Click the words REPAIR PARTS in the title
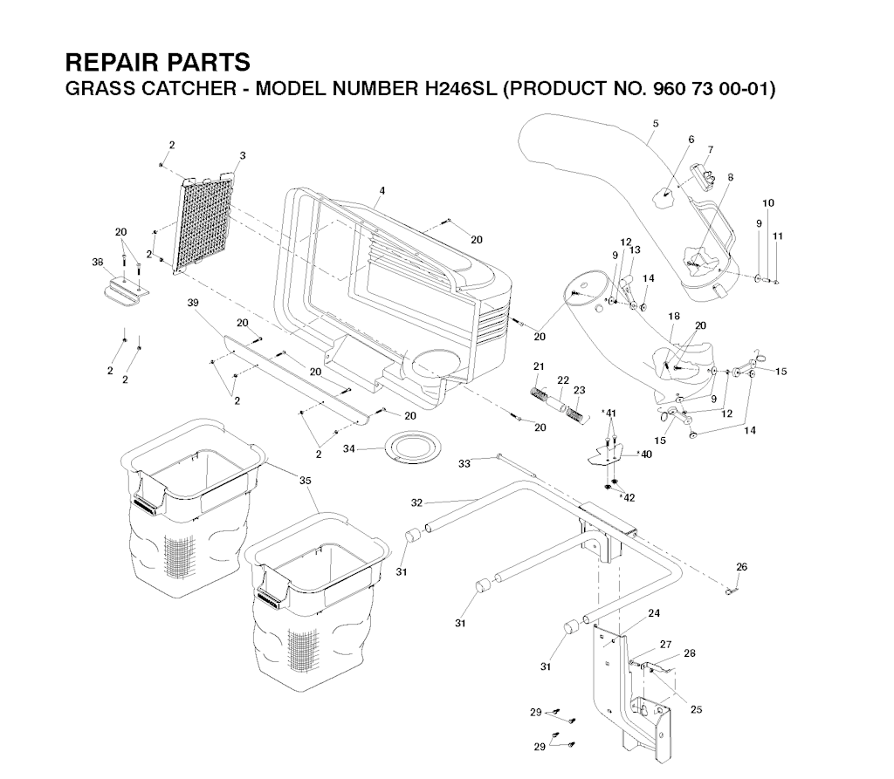157,63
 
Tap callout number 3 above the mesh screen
242,155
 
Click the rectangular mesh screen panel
209,222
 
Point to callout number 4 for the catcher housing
382,190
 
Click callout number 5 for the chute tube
655,124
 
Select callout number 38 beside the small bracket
98,261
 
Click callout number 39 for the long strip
193,303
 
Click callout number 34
348,449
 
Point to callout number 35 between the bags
305,480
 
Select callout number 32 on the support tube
416,502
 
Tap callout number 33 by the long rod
464,463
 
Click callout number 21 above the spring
539,365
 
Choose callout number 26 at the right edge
741,567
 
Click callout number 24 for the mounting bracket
653,612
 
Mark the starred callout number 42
628,496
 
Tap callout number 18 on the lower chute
673,316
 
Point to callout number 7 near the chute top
710,149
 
